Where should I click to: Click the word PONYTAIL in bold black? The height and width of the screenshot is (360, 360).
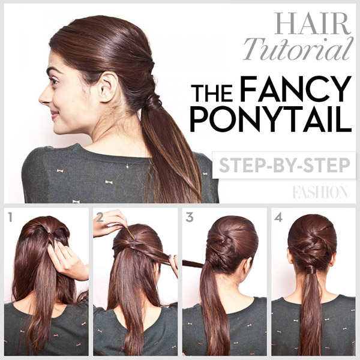coord(270,120)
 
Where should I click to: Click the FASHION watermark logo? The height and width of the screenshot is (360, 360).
coord(320,192)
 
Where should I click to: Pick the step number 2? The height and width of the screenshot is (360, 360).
coord(100,217)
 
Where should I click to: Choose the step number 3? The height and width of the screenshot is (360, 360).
coord(189,217)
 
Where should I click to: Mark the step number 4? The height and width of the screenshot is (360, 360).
coord(278,217)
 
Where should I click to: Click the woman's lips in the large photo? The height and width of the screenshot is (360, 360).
coord(50,112)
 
